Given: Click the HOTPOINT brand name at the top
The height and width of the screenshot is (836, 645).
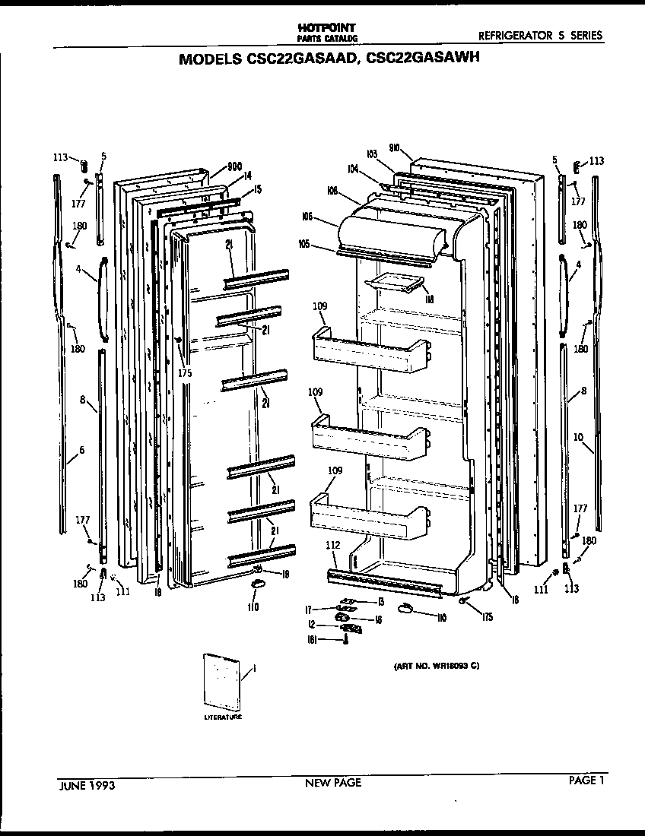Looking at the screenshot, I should pos(329,27).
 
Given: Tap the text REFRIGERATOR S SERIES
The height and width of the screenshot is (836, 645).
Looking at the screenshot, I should pos(540,35).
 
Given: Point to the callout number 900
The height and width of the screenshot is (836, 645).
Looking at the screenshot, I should pos(235,166).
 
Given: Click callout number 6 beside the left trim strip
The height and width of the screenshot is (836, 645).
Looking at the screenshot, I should pos(81,450).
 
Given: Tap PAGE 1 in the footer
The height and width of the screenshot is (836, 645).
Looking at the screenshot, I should pos(586,779).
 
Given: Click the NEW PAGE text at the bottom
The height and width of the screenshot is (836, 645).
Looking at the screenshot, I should pos(333,782).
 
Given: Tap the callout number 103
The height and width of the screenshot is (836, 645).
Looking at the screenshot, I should pos(372,154).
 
